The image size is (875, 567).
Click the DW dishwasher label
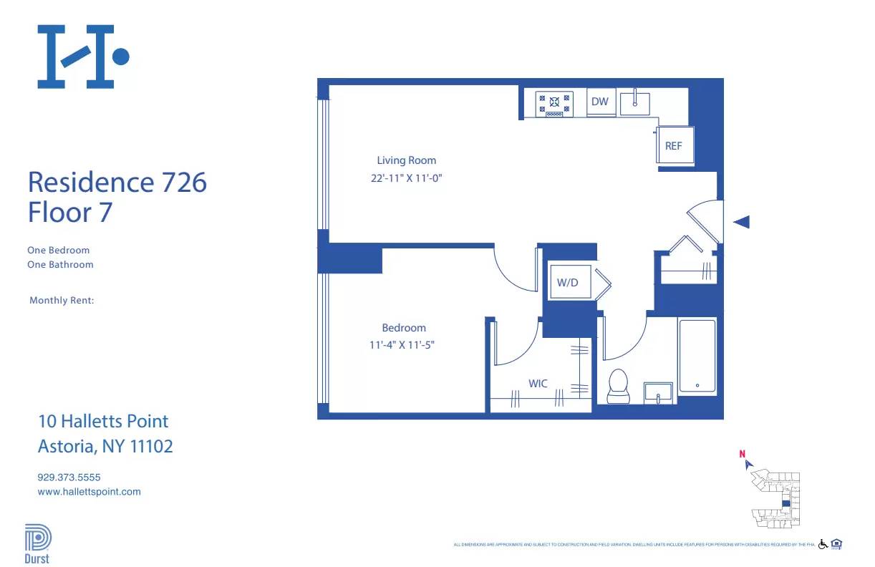[x=599, y=102]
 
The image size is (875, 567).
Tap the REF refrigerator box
[x=674, y=146]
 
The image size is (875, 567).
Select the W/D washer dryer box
[x=568, y=282]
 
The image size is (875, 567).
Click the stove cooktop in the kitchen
[x=554, y=103]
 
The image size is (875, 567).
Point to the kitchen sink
[x=634, y=102]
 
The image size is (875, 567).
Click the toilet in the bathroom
[x=617, y=387]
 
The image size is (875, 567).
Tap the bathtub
[x=697, y=356]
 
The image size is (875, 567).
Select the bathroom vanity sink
[x=658, y=392]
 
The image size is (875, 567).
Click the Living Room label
[x=406, y=160]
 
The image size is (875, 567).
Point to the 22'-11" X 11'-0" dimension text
[x=406, y=178]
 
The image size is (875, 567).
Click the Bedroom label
[x=403, y=328]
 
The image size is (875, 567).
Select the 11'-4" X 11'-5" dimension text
[x=402, y=345]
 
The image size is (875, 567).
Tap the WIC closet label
[x=538, y=384]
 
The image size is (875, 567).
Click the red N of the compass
[x=743, y=453]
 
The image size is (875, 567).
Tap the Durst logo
[x=37, y=544]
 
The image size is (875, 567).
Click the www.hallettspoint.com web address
[x=89, y=492]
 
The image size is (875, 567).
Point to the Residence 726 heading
[x=117, y=182]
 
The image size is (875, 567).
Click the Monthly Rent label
[x=62, y=301]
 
